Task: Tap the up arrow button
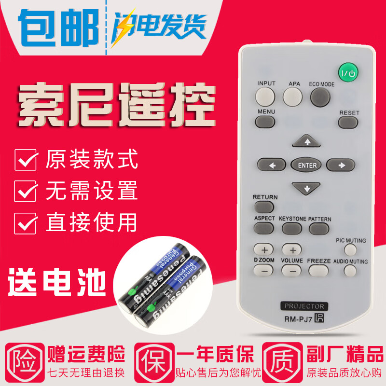(307, 142)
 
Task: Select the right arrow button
(340, 165)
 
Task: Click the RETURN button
(265, 207)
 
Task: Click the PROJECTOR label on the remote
(304, 306)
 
